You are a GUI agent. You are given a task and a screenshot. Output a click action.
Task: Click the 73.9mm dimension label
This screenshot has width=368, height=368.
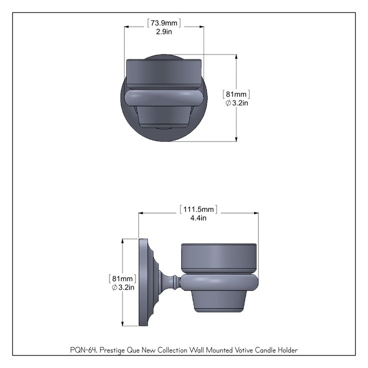[x=164, y=23]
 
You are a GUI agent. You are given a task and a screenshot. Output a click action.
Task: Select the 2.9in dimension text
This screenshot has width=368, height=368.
[x=164, y=31]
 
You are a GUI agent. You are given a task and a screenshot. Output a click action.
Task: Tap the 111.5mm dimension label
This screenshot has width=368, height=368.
[x=198, y=209]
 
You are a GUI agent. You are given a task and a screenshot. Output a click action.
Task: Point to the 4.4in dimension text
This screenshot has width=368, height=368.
[x=198, y=218]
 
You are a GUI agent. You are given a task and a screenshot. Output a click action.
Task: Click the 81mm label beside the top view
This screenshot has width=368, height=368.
[x=236, y=94]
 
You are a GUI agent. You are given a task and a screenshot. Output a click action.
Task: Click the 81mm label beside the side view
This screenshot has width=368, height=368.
[x=122, y=278]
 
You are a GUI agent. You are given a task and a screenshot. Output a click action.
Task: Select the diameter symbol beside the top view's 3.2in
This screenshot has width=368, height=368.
[x=228, y=103]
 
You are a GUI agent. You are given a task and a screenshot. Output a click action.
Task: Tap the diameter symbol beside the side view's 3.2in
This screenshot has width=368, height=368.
[x=114, y=287]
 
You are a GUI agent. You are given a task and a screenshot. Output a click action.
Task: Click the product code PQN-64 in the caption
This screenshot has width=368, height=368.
[x=84, y=350]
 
